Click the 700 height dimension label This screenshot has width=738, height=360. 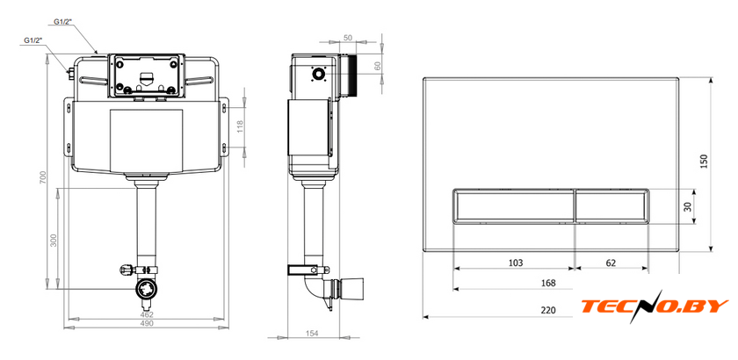42,177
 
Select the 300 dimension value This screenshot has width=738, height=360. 54,240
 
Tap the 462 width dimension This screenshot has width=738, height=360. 147,314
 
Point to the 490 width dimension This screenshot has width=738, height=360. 147,324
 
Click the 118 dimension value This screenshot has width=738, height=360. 240,127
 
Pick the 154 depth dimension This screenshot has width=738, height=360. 312,333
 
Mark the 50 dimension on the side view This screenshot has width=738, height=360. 348,38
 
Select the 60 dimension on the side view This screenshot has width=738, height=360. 378,67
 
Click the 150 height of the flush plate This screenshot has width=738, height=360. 705,162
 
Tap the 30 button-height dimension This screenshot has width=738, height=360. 689,206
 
